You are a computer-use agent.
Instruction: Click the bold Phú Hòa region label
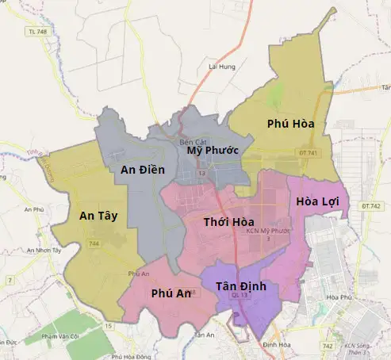coord(291,124)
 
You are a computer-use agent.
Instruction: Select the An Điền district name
coord(142,169)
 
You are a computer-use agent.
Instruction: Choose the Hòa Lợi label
coord(317,201)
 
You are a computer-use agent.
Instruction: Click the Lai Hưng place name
coord(222,67)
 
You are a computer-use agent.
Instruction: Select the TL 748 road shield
coord(37,32)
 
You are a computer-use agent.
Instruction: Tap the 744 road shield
coord(94,243)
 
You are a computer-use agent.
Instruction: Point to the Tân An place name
coord(205,335)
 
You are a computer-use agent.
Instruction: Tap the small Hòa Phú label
coord(339,298)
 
